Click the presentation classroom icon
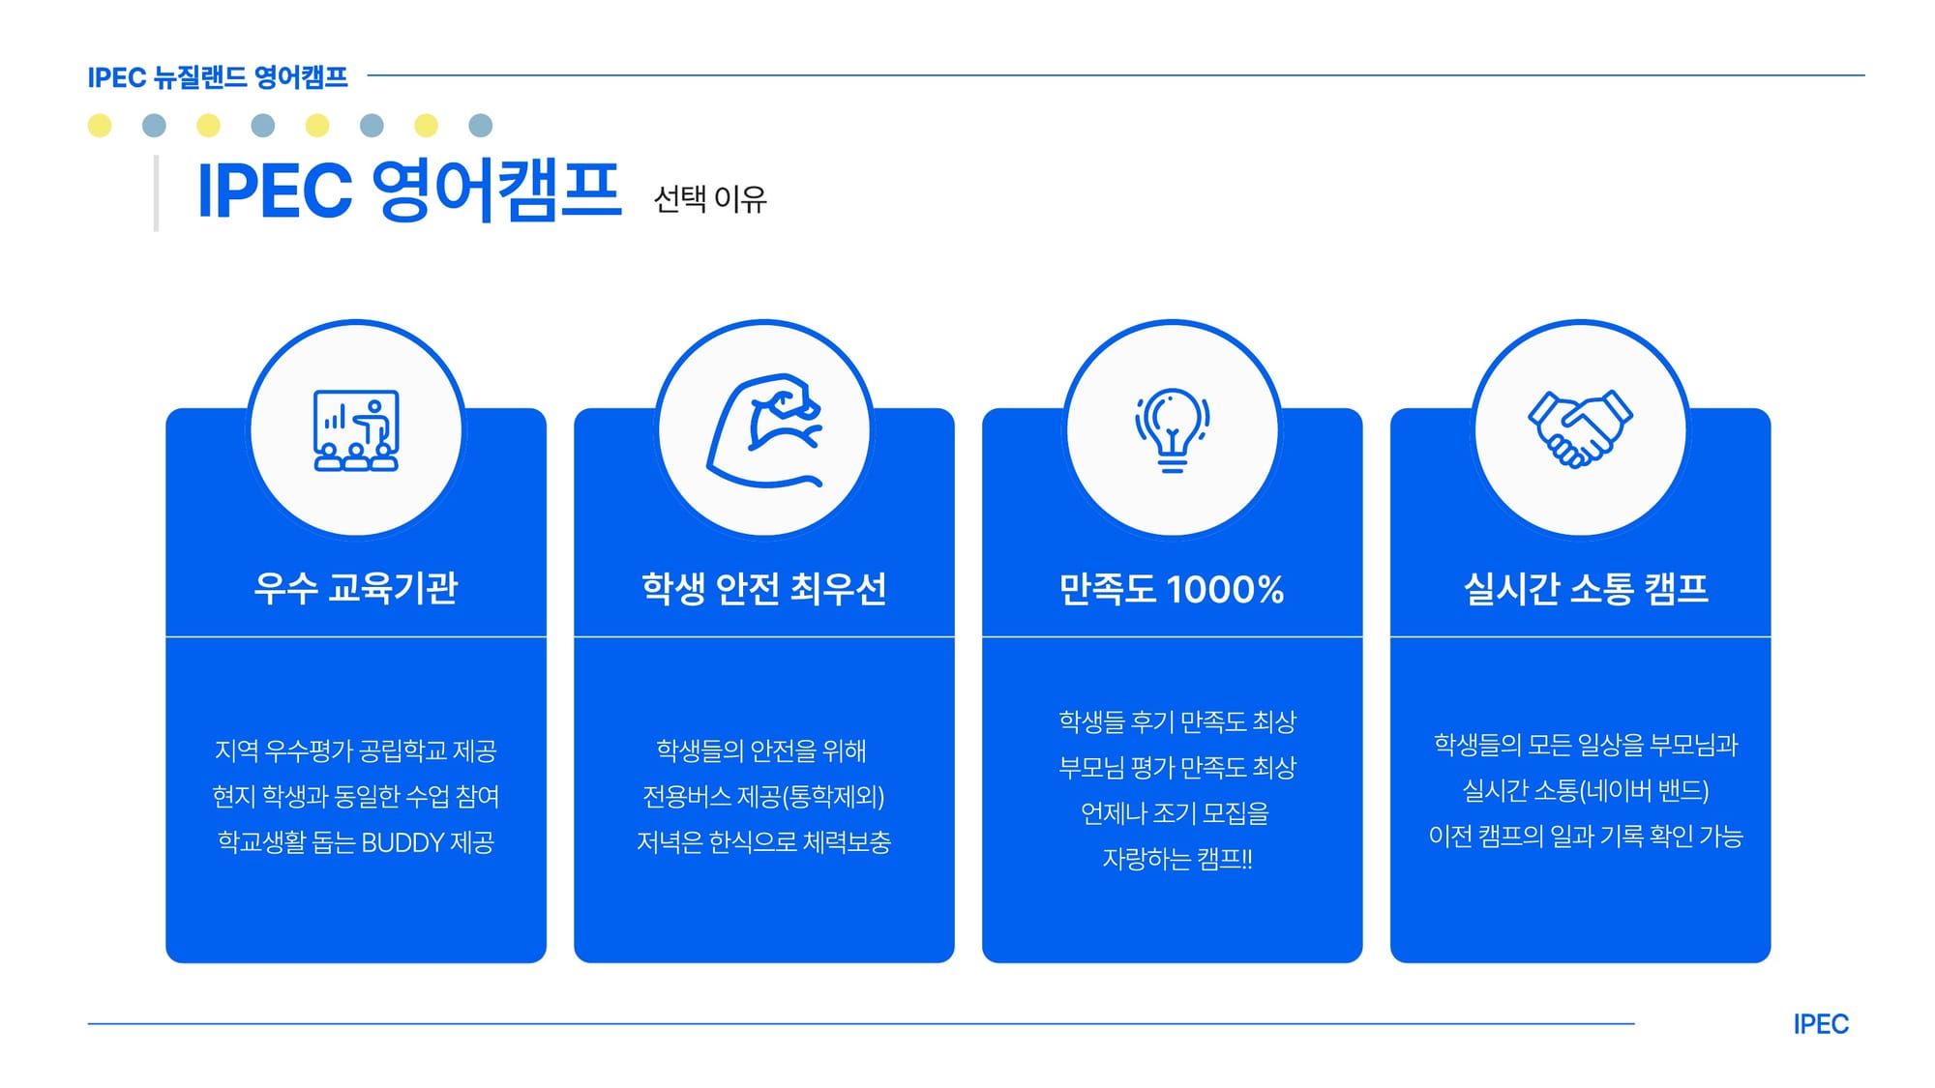356,430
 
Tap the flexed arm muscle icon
765,430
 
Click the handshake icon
1580,428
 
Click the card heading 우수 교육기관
356,588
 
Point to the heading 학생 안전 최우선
764,588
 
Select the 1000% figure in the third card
1226,589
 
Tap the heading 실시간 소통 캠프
1586,588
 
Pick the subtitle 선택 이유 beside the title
710,199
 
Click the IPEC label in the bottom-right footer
1821,1024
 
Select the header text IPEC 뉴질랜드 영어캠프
218,77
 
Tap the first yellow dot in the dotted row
100,125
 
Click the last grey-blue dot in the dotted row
481,125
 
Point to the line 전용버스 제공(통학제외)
764,796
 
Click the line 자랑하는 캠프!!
1177,859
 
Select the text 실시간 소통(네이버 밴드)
1586,790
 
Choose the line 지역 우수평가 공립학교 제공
356,750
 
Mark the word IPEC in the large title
275,191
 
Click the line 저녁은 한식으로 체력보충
764,842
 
